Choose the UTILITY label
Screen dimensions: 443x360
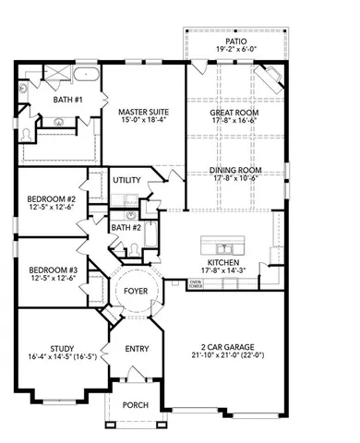(x=126, y=181)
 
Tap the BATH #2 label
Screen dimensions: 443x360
(x=126, y=227)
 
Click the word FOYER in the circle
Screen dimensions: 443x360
(x=136, y=293)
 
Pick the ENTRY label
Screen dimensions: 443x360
(x=136, y=350)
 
